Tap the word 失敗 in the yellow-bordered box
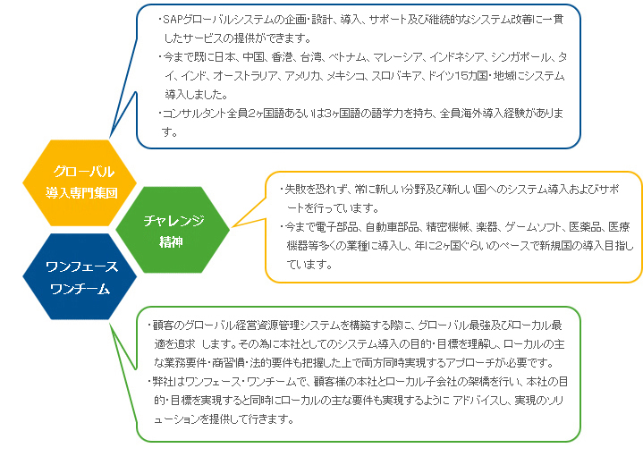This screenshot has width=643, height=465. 295,190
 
